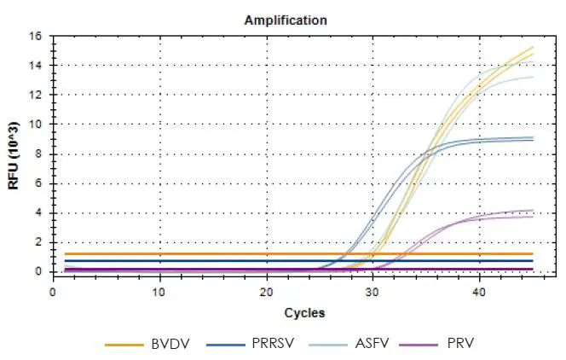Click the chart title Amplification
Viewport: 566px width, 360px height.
click(x=286, y=19)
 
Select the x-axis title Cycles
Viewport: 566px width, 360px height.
click(x=304, y=313)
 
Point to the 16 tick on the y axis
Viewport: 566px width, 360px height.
click(x=37, y=37)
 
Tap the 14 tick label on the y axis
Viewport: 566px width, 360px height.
click(x=37, y=66)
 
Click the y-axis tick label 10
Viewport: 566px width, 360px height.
click(x=37, y=125)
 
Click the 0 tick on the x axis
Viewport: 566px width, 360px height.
click(x=54, y=292)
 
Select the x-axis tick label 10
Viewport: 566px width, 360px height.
click(x=159, y=292)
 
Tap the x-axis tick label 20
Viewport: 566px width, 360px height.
click(x=266, y=292)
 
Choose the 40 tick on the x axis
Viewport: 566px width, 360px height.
click(x=478, y=292)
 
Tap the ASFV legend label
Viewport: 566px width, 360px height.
click(x=367, y=345)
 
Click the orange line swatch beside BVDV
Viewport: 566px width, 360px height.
click(x=124, y=345)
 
